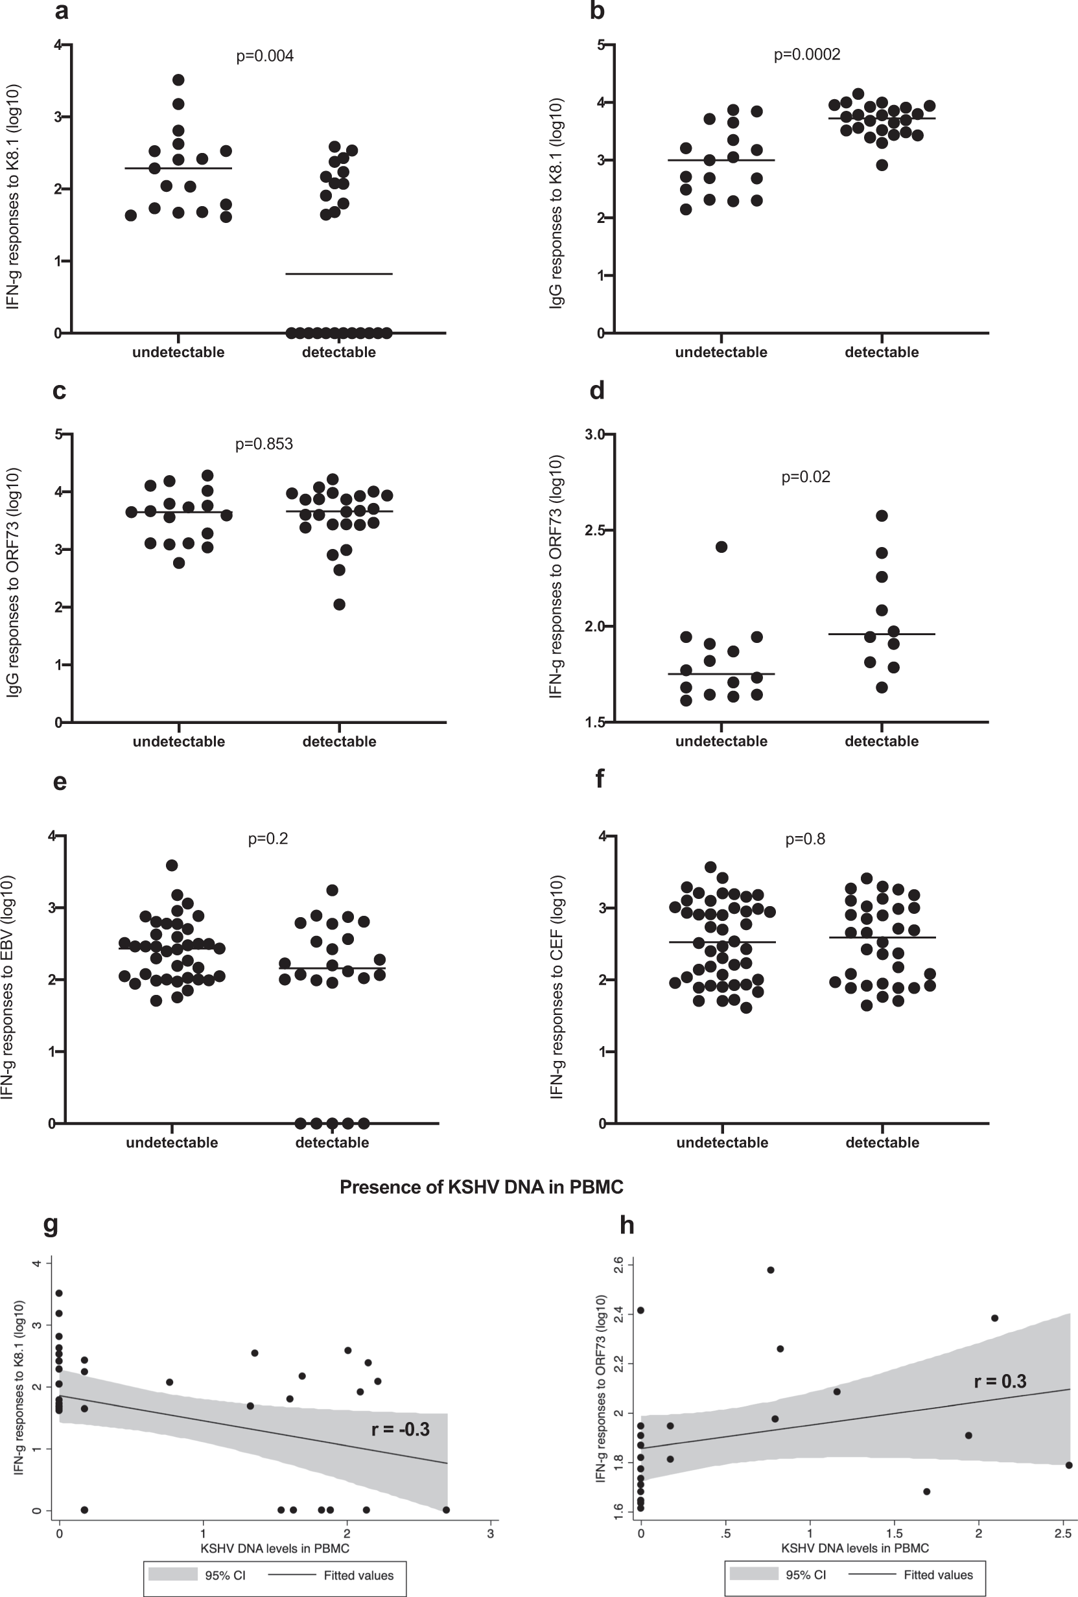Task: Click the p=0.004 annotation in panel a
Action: pos(264,56)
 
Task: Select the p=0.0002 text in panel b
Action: pos(806,54)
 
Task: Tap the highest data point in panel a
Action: pos(178,80)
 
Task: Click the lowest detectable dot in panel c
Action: pos(339,605)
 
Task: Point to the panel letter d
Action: pos(597,390)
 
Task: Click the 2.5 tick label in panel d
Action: pos(594,531)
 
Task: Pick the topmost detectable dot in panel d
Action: pos(882,516)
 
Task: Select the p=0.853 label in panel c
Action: pos(264,444)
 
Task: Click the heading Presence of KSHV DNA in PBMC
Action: pos(481,1187)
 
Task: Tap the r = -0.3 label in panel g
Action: pos(400,1429)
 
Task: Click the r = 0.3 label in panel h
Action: pos(1000,1381)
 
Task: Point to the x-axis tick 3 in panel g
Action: pos(490,1533)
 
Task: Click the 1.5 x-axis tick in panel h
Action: pos(894,1533)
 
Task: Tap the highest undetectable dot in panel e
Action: pos(172,865)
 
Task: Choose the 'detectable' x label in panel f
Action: pos(882,1142)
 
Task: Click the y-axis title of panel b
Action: pos(557,203)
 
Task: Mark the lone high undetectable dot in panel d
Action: pos(721,547)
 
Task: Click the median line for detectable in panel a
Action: pos(339,274)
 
